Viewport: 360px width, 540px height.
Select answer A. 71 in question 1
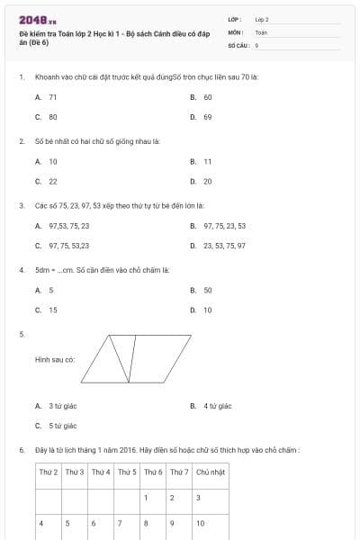tap(47, 97)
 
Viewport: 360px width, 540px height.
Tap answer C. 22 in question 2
tap(47, 181)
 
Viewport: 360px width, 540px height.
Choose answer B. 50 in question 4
tap(202, 291)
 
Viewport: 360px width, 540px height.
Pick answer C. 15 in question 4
tap(47, 310)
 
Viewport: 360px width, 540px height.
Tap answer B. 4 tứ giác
tap(211, 407)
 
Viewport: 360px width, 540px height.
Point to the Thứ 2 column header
tap(49, 472)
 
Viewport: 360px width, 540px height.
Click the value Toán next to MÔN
tap(261, 31)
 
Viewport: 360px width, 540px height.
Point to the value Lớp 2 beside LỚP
tap(262, 19)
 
